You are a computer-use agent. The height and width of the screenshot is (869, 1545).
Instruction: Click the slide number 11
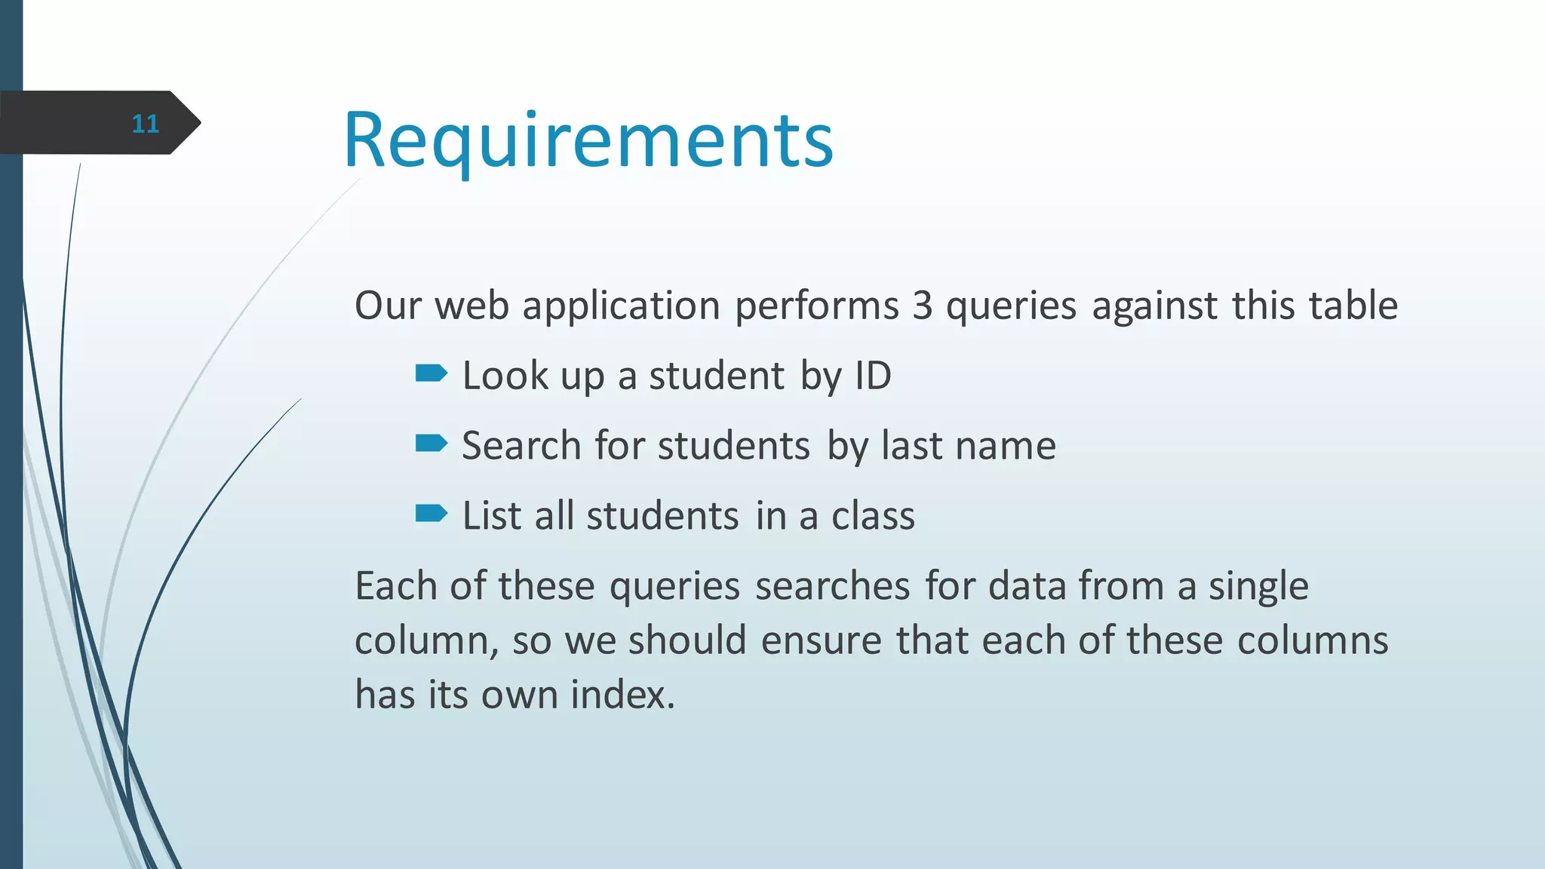point(145,124)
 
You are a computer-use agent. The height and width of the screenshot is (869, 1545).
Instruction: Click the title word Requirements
point(588,140)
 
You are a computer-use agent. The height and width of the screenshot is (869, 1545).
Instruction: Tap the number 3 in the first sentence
point(922,306)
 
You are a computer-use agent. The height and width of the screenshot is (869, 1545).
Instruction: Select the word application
point(621,307)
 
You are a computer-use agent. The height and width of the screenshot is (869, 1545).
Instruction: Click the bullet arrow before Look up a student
point(432,373)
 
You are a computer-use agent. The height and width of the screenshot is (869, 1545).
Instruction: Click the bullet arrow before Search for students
point(432,443)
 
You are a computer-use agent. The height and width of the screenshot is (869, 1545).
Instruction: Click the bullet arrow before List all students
point(432,514)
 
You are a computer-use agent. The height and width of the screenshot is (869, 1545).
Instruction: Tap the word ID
point(873,376)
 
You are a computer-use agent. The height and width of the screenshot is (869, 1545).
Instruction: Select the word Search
point(521,445)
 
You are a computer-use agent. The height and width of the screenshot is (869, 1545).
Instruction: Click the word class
point(873,516)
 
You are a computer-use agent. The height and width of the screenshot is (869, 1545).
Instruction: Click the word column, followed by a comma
point(426,641)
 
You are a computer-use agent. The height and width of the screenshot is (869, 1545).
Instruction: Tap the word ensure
point(821,641)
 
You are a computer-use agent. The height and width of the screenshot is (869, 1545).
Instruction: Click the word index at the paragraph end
point(622,695)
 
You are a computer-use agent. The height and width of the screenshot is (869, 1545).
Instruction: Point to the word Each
point(396,586)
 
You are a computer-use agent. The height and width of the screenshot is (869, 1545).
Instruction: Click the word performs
point(817,307)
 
